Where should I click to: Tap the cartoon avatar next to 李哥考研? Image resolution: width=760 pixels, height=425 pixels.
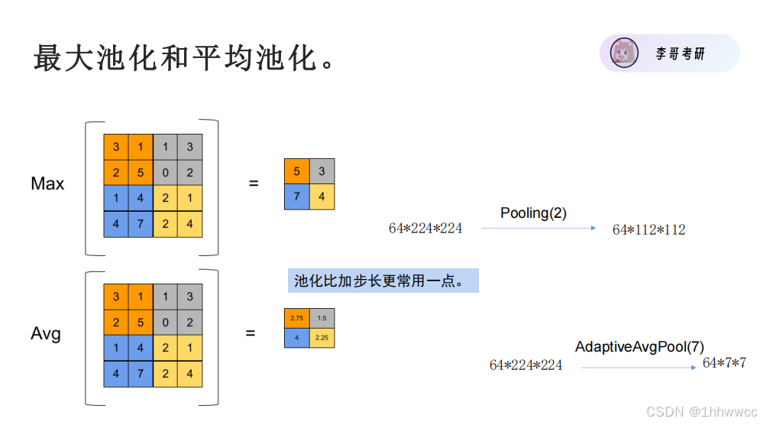tap(624, 54)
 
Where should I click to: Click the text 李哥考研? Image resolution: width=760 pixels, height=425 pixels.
tap(680, 54)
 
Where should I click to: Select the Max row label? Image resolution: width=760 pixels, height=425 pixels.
tap(47, 183)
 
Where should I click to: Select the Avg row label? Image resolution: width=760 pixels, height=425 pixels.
tap(46, 334)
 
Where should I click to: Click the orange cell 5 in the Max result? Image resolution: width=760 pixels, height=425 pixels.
tap(296, 171)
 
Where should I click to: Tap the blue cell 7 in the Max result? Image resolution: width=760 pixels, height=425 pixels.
tap(296, 196)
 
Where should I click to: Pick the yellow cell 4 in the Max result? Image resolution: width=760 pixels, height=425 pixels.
tap(322, 196)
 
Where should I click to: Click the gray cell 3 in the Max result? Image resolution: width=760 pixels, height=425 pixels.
tap(322, 171)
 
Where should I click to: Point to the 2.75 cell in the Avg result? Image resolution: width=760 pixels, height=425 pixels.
tap(296, 318)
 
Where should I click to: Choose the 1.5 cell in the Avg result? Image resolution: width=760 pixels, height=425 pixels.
tap(322, 318)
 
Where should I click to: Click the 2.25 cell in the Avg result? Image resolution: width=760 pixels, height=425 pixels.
tap(322, 337)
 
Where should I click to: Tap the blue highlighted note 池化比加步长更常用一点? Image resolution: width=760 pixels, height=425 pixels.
tap(383, 281)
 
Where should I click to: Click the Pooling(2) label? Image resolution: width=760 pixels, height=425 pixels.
tap(533, 213)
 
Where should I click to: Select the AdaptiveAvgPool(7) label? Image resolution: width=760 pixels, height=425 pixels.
tap(639, 347)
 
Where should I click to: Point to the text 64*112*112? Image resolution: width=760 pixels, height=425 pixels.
tap(648, 229)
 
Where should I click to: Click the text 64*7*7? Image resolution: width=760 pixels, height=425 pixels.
tap(724, 362)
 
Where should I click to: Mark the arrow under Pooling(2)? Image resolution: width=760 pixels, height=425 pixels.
tap(538, 228)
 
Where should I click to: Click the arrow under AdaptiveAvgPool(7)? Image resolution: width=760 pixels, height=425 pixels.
tap(638, 368)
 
